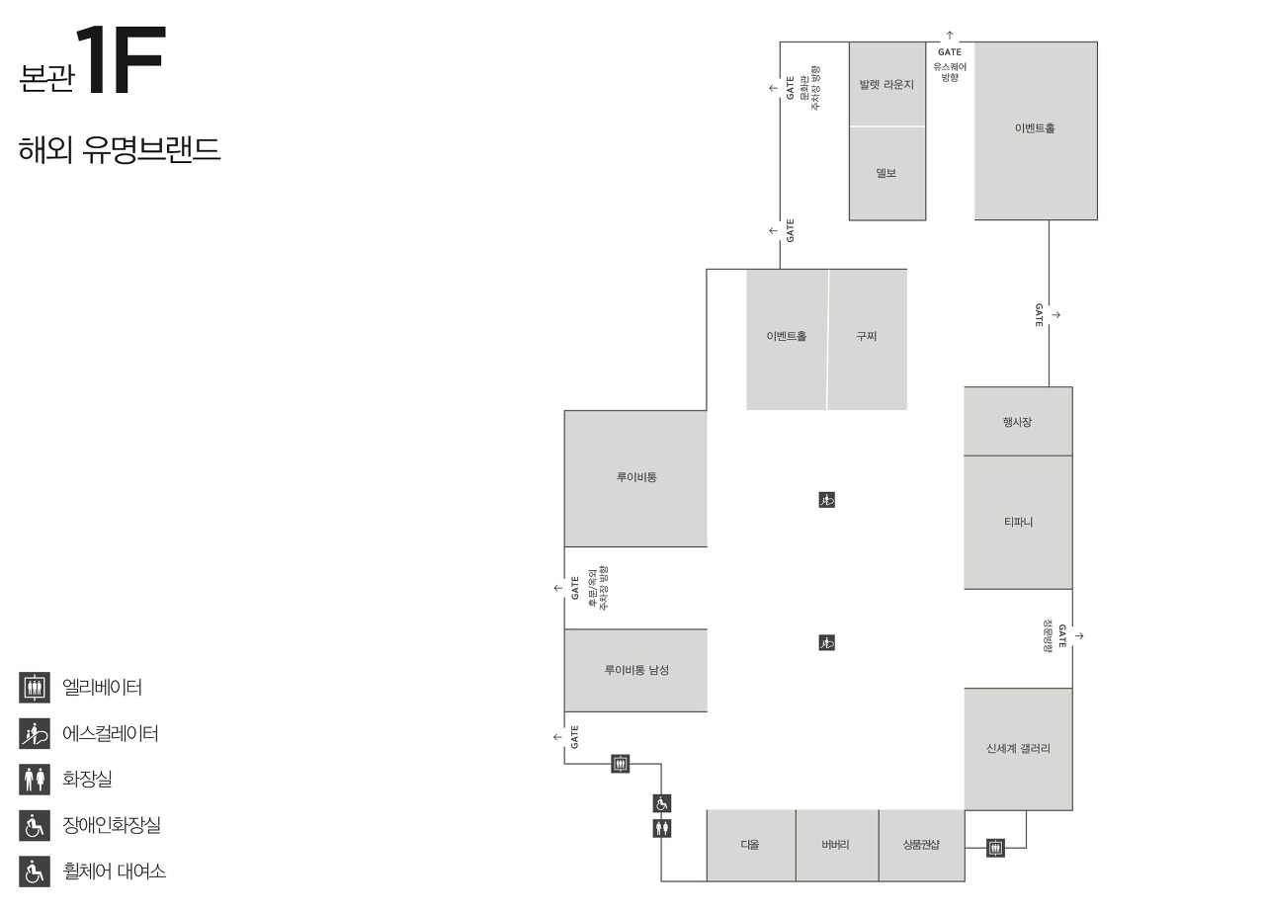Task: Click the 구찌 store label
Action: (867, 336)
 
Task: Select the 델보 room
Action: (886, 173)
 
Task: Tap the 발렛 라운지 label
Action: (886, 85)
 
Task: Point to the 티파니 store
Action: (1018, 522)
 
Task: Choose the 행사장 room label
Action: (1018, 422)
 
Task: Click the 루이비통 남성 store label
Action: (636, 670)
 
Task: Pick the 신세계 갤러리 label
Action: (1018, 748)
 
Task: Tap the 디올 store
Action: (750, 845)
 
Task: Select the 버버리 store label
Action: (835, 845)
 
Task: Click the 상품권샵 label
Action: (921, 845)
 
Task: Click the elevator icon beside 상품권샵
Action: (995, 848)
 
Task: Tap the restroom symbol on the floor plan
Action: (662, 828)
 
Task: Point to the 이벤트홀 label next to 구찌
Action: (787, 336)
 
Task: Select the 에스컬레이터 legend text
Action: (111, 733)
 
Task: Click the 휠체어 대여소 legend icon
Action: (35, 871)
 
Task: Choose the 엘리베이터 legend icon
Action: (35, 687)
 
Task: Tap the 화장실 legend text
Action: (87, 779)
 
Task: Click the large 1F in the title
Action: (119, 61)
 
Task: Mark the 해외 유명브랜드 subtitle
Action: (119, 150)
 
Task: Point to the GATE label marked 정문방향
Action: (1062, 636)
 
